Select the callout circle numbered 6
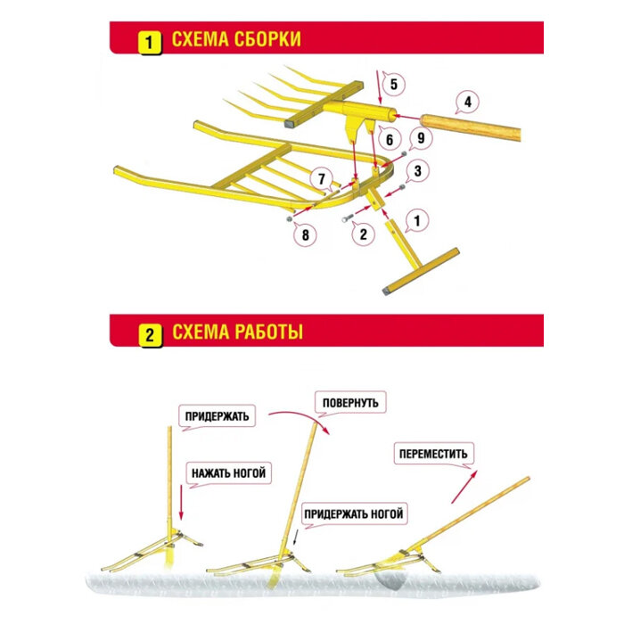pyautogui.click(x=389, y=138)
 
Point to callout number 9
pyautogui.click(x=422, y=137)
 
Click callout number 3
pyautogui.click(x=417, y=169)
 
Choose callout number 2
pyautogui.click(x=362, y=234)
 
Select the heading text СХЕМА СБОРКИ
pyautogui.click(x=235, y=40)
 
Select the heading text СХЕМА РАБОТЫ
pyautogui.click(x=237, y=333)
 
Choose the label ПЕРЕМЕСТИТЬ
pyautogui.click(x=431, y=454)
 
